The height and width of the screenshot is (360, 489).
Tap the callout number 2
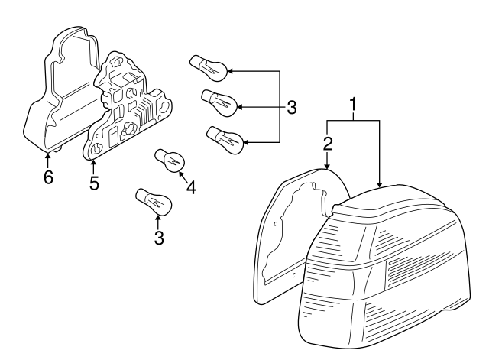327,144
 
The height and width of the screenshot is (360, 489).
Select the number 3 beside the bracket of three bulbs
291,107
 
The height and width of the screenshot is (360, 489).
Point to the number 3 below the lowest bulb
159,238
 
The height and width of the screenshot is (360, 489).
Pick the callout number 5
94,183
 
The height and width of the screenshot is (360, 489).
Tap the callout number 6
48,177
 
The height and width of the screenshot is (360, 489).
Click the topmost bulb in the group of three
209,68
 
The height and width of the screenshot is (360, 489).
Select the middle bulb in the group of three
219,103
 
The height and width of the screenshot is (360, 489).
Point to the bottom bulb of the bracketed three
225,140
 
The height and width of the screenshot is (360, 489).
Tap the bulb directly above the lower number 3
154,202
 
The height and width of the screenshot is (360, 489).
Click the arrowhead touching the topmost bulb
231,71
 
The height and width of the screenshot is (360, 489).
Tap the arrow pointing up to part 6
47,161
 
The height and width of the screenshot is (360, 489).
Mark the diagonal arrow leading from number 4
183,177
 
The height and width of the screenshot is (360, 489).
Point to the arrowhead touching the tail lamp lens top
380,185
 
